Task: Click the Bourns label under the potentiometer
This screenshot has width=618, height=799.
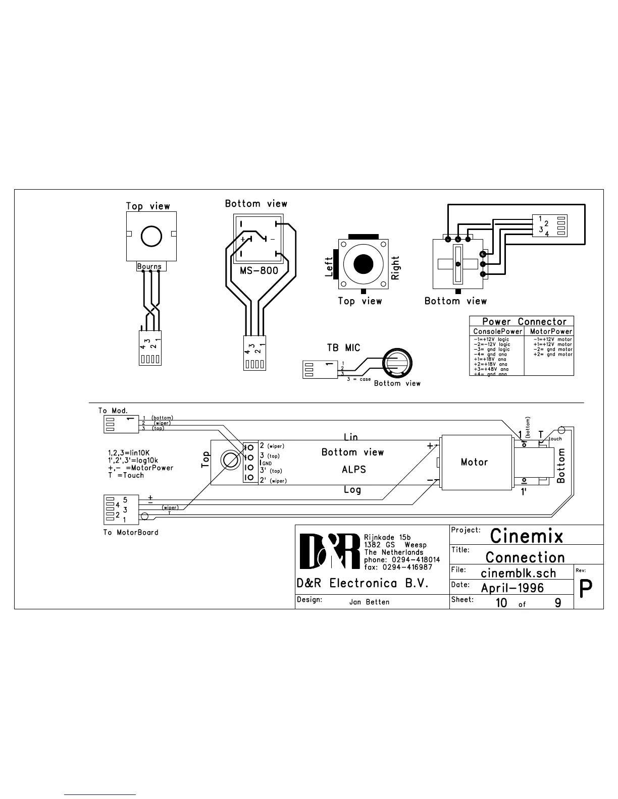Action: [x=149, y=266]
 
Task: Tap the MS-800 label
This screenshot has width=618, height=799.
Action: [x=259, y=270]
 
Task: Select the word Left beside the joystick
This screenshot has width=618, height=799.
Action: [x=329, y=266]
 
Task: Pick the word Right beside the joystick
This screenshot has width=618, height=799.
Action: [x=395, y=268]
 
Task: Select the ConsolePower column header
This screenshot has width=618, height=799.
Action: [x=497, y=331]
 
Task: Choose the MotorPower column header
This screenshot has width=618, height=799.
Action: [x=551, y=331]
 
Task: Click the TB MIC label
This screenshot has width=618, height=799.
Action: [x=343, y=348]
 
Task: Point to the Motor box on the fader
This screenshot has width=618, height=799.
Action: [x=474, y=462]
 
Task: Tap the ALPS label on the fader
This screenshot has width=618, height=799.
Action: [x=353, y=470]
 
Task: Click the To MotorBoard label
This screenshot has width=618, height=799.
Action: [x=131, y=532]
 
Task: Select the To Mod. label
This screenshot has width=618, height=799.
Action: [x=113, y=411]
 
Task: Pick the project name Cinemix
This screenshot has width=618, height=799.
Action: [x=526, y=536]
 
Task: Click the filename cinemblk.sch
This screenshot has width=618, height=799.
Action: [x=518, y=573]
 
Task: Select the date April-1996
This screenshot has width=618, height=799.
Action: [x=512, y=588]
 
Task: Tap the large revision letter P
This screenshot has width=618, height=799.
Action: [x=586, y=588]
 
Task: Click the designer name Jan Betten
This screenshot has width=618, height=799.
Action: [x=369, y=602]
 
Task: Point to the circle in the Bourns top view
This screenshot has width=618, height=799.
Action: [x=151, y=236]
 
